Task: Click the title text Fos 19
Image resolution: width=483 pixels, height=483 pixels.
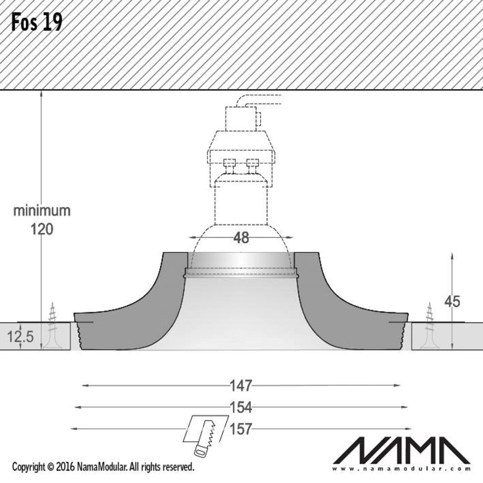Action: pyautogui.click(x=37, y=23)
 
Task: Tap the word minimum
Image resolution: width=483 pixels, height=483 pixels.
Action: pyautogui.click(x=42, y=211)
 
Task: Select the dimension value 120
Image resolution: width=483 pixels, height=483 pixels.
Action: pyautogui.click(x=42, y=229)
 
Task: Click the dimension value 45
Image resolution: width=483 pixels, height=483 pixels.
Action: pyautogui.click(x=452, y=302)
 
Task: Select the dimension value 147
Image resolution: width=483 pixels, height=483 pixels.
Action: pyautogui.click(x=241, y=385)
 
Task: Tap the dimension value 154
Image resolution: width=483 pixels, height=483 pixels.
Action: pyautogui.click(x=241, y=408)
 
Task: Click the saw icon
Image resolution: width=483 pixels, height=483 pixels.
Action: pyautogui.click(x=205, y=434)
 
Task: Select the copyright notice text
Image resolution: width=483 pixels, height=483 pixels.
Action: pyautogui.click(x=103, y=467)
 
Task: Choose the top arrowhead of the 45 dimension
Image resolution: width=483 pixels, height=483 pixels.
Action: pyautogui.click(x=452, y=255)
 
